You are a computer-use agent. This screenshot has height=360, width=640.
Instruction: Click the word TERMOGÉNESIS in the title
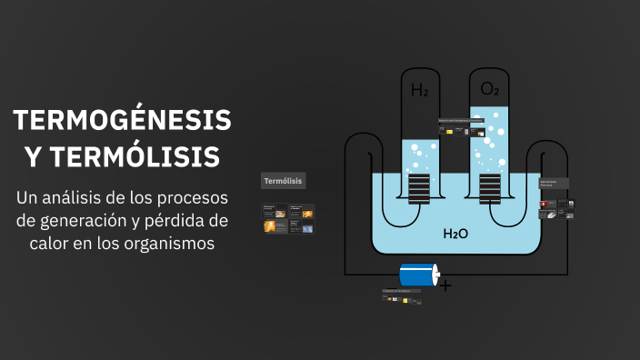[123, 121]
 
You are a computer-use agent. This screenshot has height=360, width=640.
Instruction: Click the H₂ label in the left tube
[420, 90]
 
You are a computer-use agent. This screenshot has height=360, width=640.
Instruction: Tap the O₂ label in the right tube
[490, 88]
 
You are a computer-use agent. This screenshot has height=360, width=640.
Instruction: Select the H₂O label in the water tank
[455, 234]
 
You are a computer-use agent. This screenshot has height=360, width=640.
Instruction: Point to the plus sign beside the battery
[445, 285]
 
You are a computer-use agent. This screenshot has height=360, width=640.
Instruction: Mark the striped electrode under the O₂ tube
[490, 188]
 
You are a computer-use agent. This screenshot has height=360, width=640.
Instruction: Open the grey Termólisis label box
[284, 180]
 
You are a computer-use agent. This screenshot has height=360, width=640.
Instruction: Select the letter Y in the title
[33, 156]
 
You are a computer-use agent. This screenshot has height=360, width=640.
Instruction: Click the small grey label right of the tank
[554, 183]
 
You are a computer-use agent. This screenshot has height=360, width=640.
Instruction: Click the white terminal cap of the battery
[435, 274]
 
